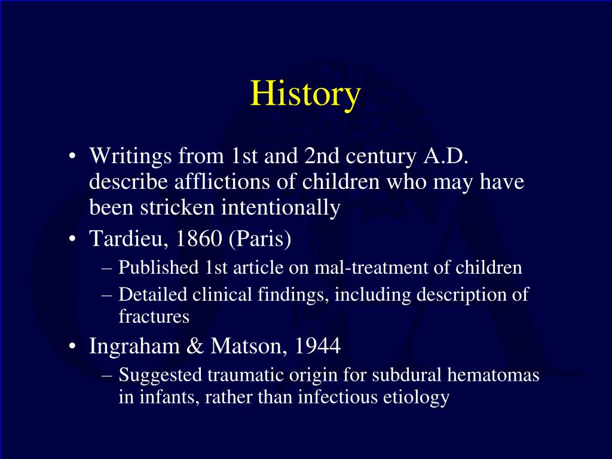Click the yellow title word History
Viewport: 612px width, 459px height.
click(305, 94)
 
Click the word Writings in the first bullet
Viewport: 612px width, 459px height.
click(130, 157)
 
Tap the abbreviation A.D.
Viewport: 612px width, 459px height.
click(445, 156)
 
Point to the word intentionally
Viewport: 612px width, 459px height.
click(281, 207)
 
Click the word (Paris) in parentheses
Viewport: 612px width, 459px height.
click(260, 238)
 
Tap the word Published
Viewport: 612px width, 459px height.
click(158, 267)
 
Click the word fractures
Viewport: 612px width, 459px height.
click(154, 316)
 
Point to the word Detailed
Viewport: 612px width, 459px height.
click(152, 294)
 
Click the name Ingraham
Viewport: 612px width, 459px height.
click(134, 346)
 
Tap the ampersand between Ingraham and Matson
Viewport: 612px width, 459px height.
click(195, 346)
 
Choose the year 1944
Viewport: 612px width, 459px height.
click(317, 346)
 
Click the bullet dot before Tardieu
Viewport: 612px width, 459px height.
click(72, 239)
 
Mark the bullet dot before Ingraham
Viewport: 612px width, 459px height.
click(72, 346)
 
